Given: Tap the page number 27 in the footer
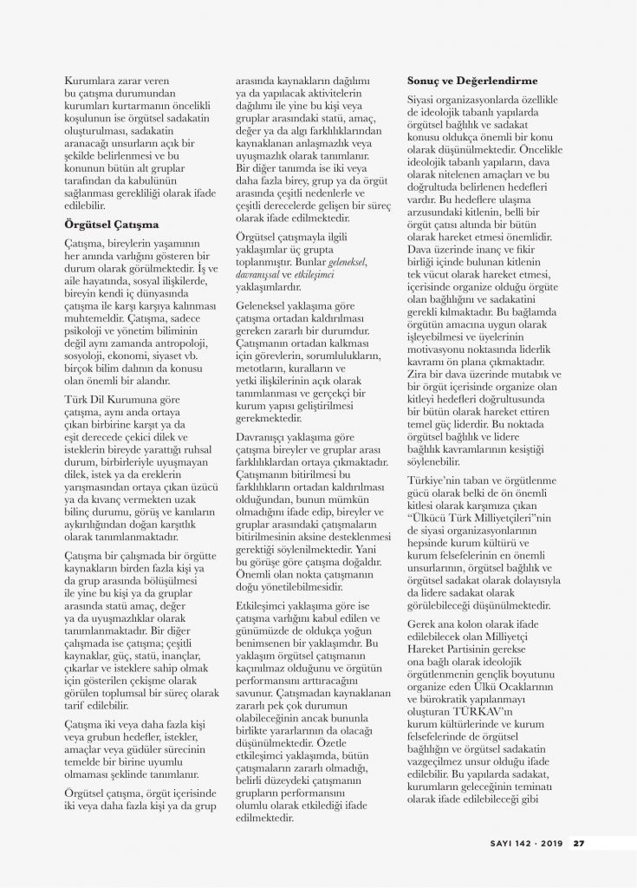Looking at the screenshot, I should [580, 839].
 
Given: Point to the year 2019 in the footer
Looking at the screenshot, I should [549, 839].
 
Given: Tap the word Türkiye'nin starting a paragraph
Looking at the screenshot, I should [437, 480].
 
